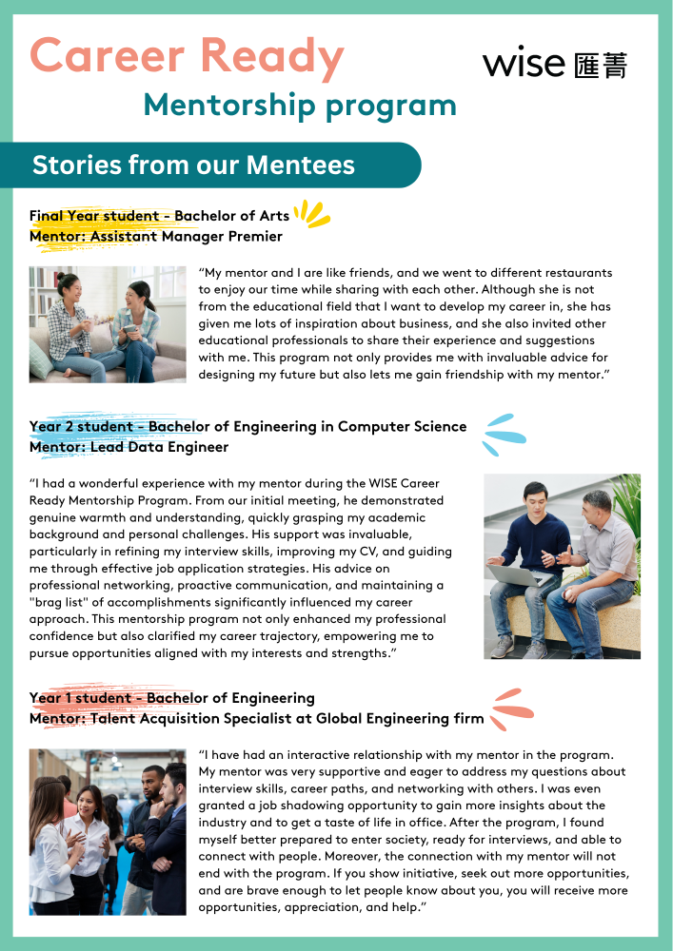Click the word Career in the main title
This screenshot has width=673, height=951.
pos(104,57)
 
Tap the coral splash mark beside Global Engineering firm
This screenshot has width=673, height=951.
pos(511,709)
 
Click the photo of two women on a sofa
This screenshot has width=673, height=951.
pos(108,323)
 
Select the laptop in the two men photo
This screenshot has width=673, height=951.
pos(519,574)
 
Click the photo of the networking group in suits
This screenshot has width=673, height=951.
pos(108,831)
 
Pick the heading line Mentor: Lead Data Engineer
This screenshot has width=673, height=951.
pos(129,446)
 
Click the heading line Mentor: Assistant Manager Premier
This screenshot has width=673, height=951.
pos(155,236)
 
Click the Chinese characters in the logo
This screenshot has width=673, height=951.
pos(601,64)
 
